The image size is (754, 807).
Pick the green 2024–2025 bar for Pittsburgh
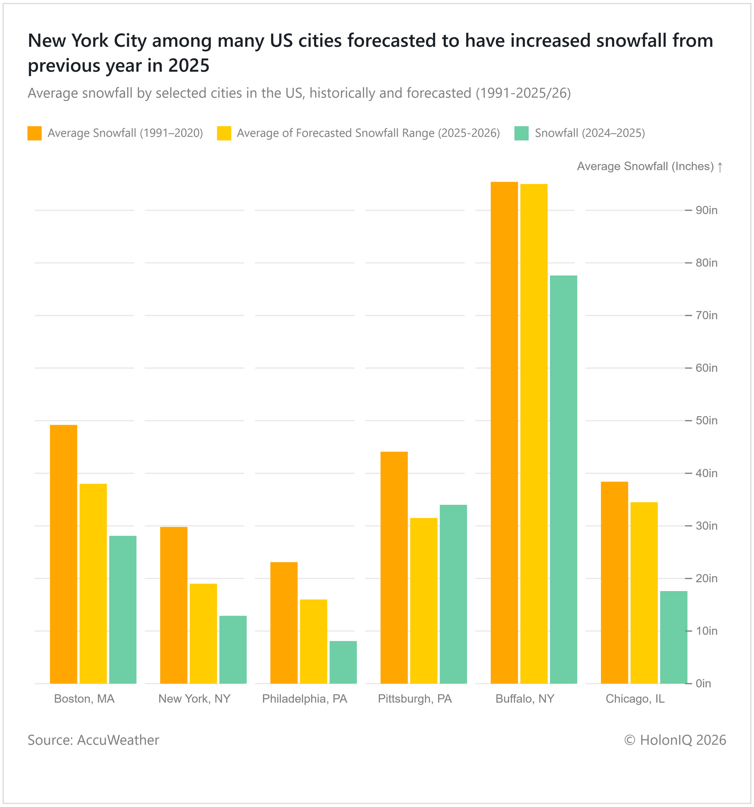pos(453,594)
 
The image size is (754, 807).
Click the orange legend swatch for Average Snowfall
pos(35,133)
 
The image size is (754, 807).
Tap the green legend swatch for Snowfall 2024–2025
pos(521,133)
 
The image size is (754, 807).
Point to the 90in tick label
pos(706,210)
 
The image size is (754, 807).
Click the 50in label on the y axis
pos(706,421)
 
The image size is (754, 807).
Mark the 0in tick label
pos(703,684)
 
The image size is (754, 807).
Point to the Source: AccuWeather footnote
pos(93,740)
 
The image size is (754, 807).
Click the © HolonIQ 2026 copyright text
pos(675,740)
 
